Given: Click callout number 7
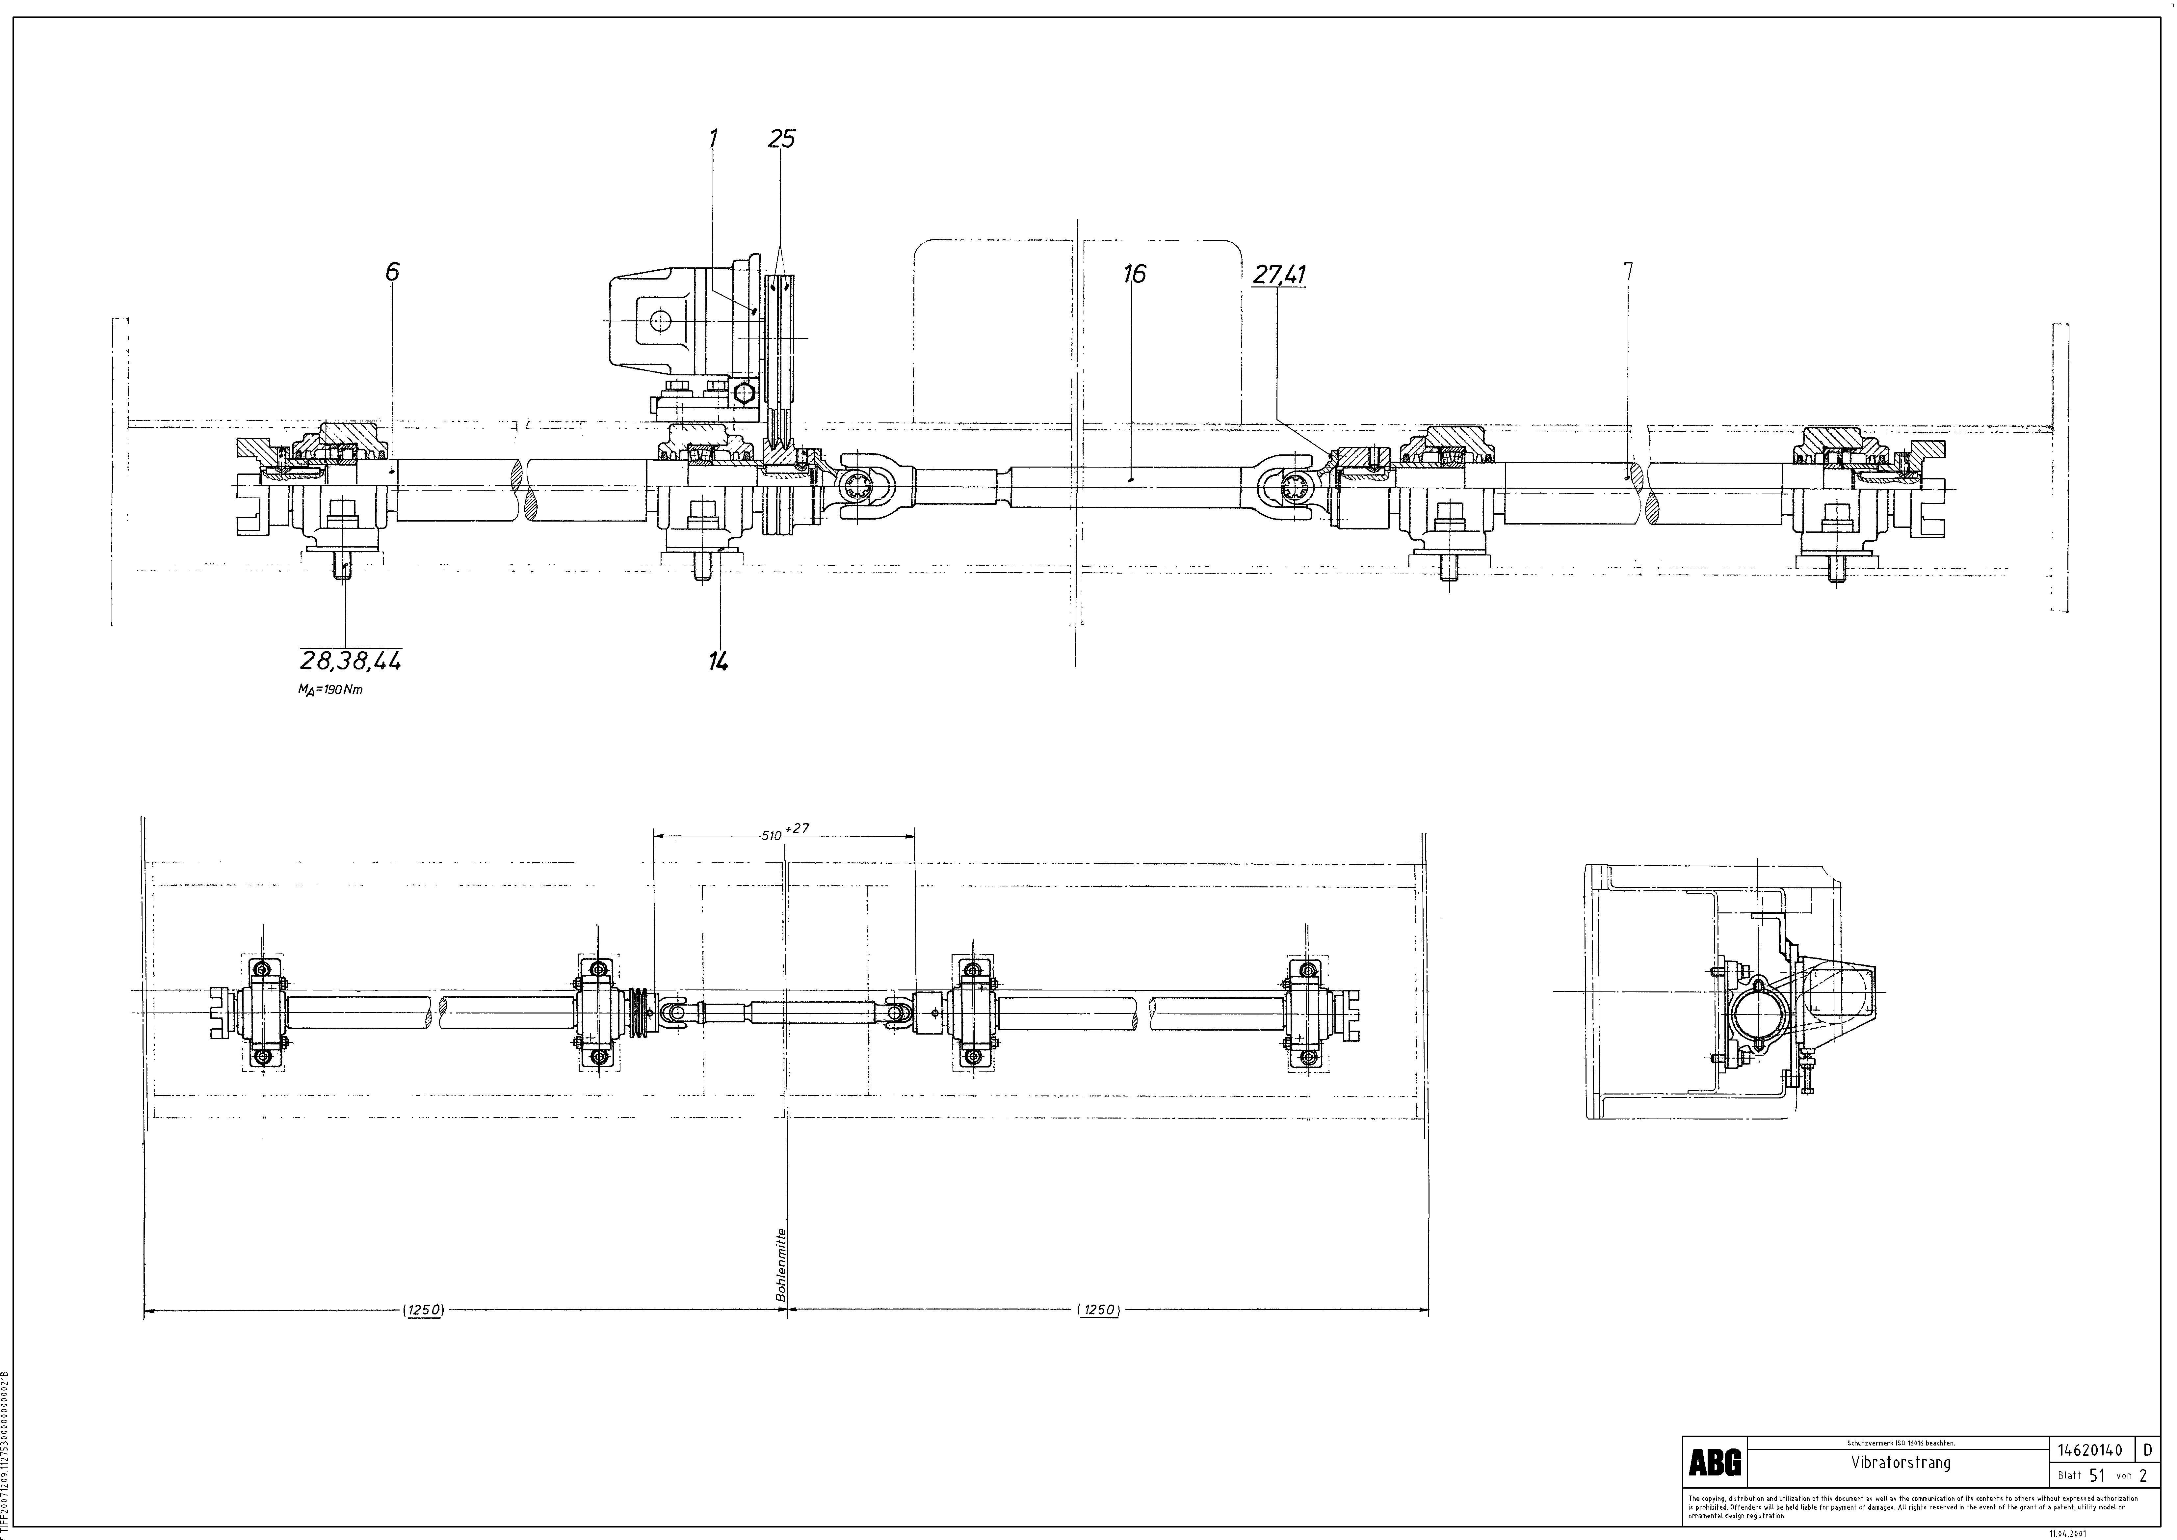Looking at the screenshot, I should click(x=1628, y=271).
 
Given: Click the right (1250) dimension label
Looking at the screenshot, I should click(x=1099, y=1310).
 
